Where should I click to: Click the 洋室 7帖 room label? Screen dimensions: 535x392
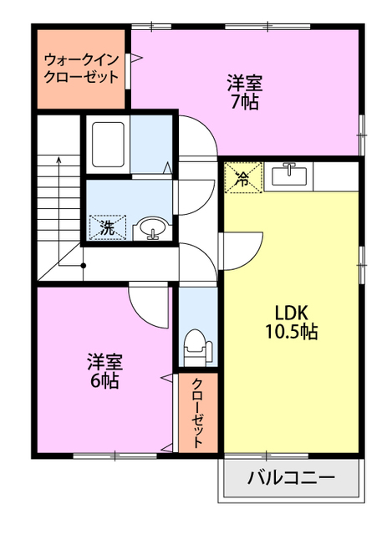coord(245,93)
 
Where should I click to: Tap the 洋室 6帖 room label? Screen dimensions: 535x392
coord(105,371)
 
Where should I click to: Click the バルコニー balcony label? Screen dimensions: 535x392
coord(292,480)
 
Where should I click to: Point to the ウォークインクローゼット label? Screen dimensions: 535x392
coord(81,69)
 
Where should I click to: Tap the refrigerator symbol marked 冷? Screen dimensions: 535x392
coord(242,177)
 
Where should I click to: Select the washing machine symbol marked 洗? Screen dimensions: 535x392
coord(108,226)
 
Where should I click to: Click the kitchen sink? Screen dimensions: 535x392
coord(291,175)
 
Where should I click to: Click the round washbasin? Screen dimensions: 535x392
coord(152,227)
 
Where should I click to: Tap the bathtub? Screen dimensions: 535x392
coord(108,144)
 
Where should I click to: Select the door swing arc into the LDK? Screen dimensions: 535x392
coord(239,248)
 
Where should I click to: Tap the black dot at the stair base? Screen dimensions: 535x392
coord(83,266)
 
